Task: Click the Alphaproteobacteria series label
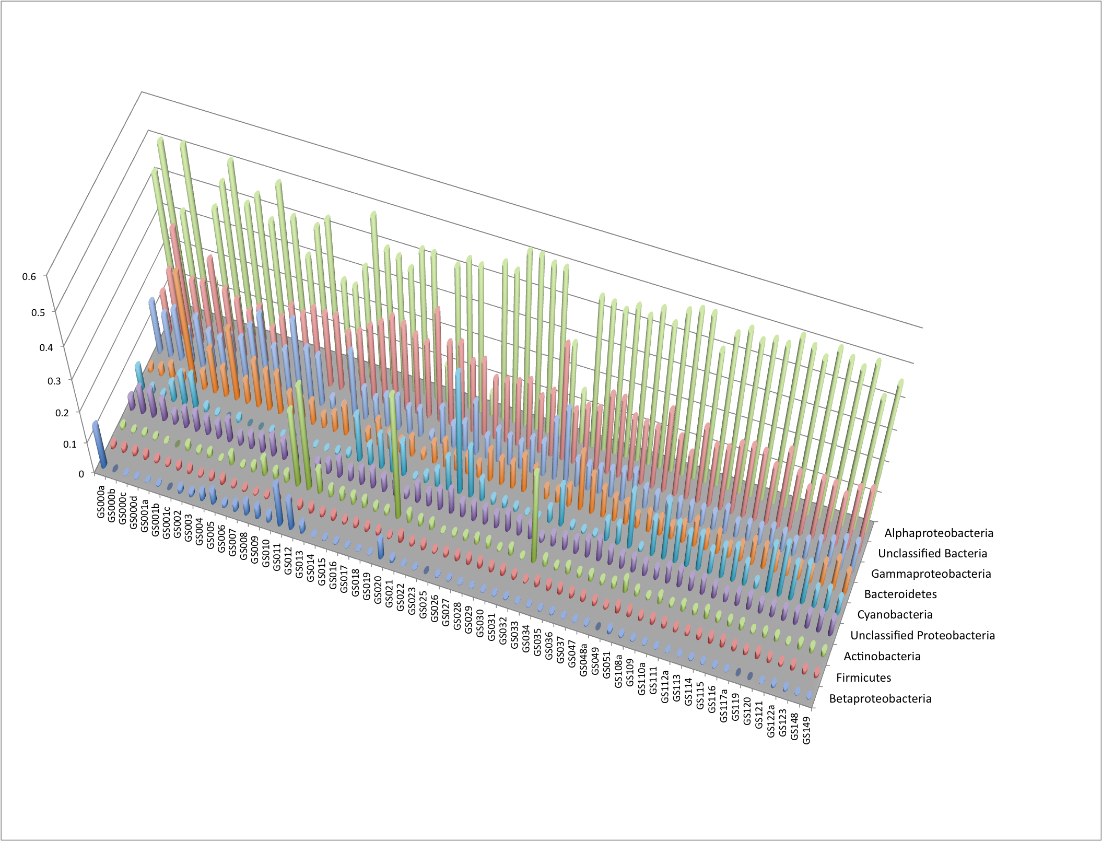939,533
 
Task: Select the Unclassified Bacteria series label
932,554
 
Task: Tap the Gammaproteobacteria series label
931,574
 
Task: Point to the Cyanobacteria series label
895,615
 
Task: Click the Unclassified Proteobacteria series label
922,636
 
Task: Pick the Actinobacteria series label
882,657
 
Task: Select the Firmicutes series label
863,678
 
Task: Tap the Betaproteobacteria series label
880,699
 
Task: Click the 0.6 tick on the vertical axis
29,276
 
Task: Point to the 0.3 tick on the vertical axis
54,381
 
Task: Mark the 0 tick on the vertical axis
81,474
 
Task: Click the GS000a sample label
101,502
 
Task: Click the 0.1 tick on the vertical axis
69,445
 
